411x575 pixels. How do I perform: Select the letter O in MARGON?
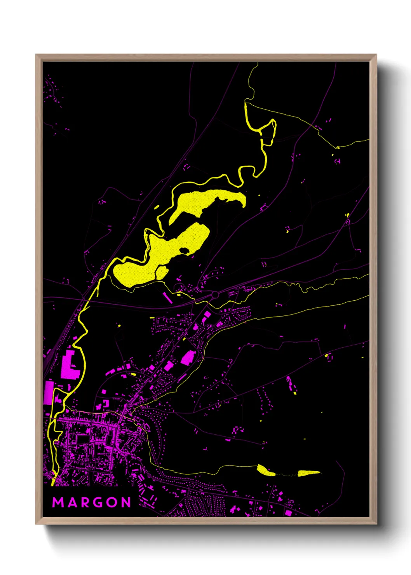112,502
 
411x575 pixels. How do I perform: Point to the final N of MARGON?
126,502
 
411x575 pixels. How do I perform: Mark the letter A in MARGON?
72,502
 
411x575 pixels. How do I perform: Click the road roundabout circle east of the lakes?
215,295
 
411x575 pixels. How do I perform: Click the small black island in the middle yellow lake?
185,251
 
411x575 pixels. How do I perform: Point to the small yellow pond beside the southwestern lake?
162,272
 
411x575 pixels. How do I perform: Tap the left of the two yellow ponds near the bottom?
266,470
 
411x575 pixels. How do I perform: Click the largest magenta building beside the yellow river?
70,365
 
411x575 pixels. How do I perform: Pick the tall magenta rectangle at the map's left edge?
49,392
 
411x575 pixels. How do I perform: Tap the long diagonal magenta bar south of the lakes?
167,298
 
